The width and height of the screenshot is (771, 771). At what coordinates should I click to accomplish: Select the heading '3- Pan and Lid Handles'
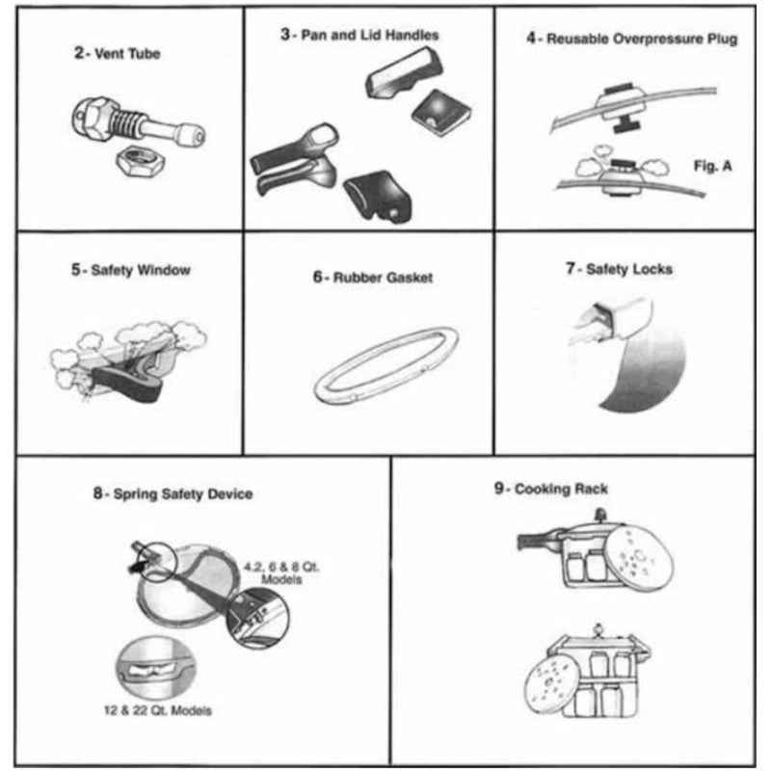pyautogui.click(x=359, y=35)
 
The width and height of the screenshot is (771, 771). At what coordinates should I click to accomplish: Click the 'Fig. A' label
pyautogui.click(x=712, y=165)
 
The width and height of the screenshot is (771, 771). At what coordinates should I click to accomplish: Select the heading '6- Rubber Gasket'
pyautogui.click(x=372, y=278)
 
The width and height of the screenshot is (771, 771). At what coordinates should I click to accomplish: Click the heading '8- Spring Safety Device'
pyautogui.click(x=173, y=494)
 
